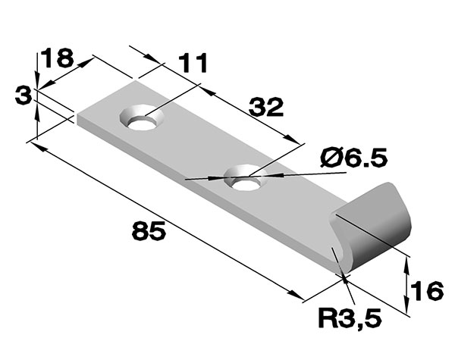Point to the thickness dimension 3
[24, 95]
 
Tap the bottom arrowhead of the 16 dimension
[408, 308]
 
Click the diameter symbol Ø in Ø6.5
[331, 158]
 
